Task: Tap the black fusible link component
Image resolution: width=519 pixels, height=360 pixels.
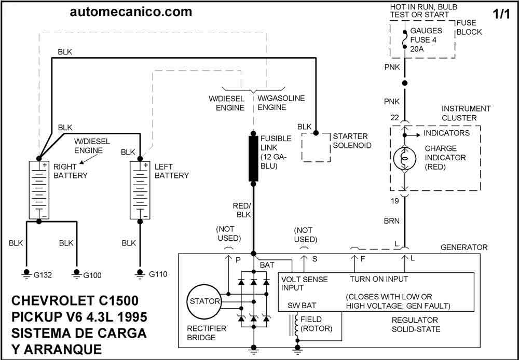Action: point(253,158)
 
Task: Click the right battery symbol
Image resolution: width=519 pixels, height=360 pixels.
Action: point(38,189)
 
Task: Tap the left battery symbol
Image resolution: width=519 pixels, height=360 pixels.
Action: point(139,189)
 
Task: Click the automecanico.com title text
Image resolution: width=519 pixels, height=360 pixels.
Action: point(131,11)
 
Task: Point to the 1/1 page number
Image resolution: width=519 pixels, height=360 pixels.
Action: point(502,14)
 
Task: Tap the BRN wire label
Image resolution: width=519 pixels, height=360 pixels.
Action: point(392,220)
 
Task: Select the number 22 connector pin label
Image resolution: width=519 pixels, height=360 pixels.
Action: point(394,118)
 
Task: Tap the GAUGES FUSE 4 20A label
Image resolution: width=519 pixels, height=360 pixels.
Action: point(426,39)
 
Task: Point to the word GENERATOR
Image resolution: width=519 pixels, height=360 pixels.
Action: point(464,247)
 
